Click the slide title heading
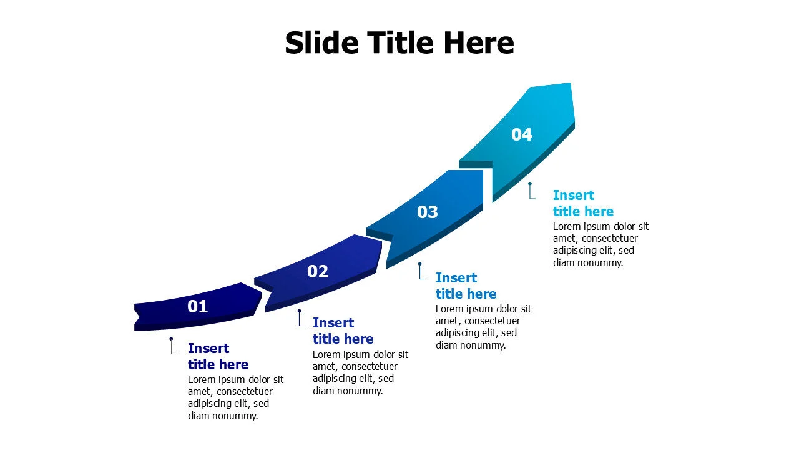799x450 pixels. [399, 43]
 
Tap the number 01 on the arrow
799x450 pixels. [197, 306]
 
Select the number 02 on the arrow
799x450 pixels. [318, 271]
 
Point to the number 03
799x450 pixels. [428, 212]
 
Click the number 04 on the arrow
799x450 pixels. [522, 134]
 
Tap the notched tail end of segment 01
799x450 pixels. [139, 316]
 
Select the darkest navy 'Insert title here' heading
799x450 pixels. [218, 356]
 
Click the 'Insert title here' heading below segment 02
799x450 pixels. [343, 331]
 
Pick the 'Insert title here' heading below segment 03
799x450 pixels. [466, 286]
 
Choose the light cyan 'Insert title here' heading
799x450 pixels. [583, 203]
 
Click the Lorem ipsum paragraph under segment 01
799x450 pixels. [235, 397]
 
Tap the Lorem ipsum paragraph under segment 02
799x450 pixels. [360, 372]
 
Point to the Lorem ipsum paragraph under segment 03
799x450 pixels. [483, 327]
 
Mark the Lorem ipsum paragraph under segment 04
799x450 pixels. [600, 244]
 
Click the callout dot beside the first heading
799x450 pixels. [171, 339]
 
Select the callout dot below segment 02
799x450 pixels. [299, 311]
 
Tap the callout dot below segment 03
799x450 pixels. [420, 264]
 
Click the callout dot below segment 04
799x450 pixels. [529, 184]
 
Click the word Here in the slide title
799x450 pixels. [478, 43]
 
